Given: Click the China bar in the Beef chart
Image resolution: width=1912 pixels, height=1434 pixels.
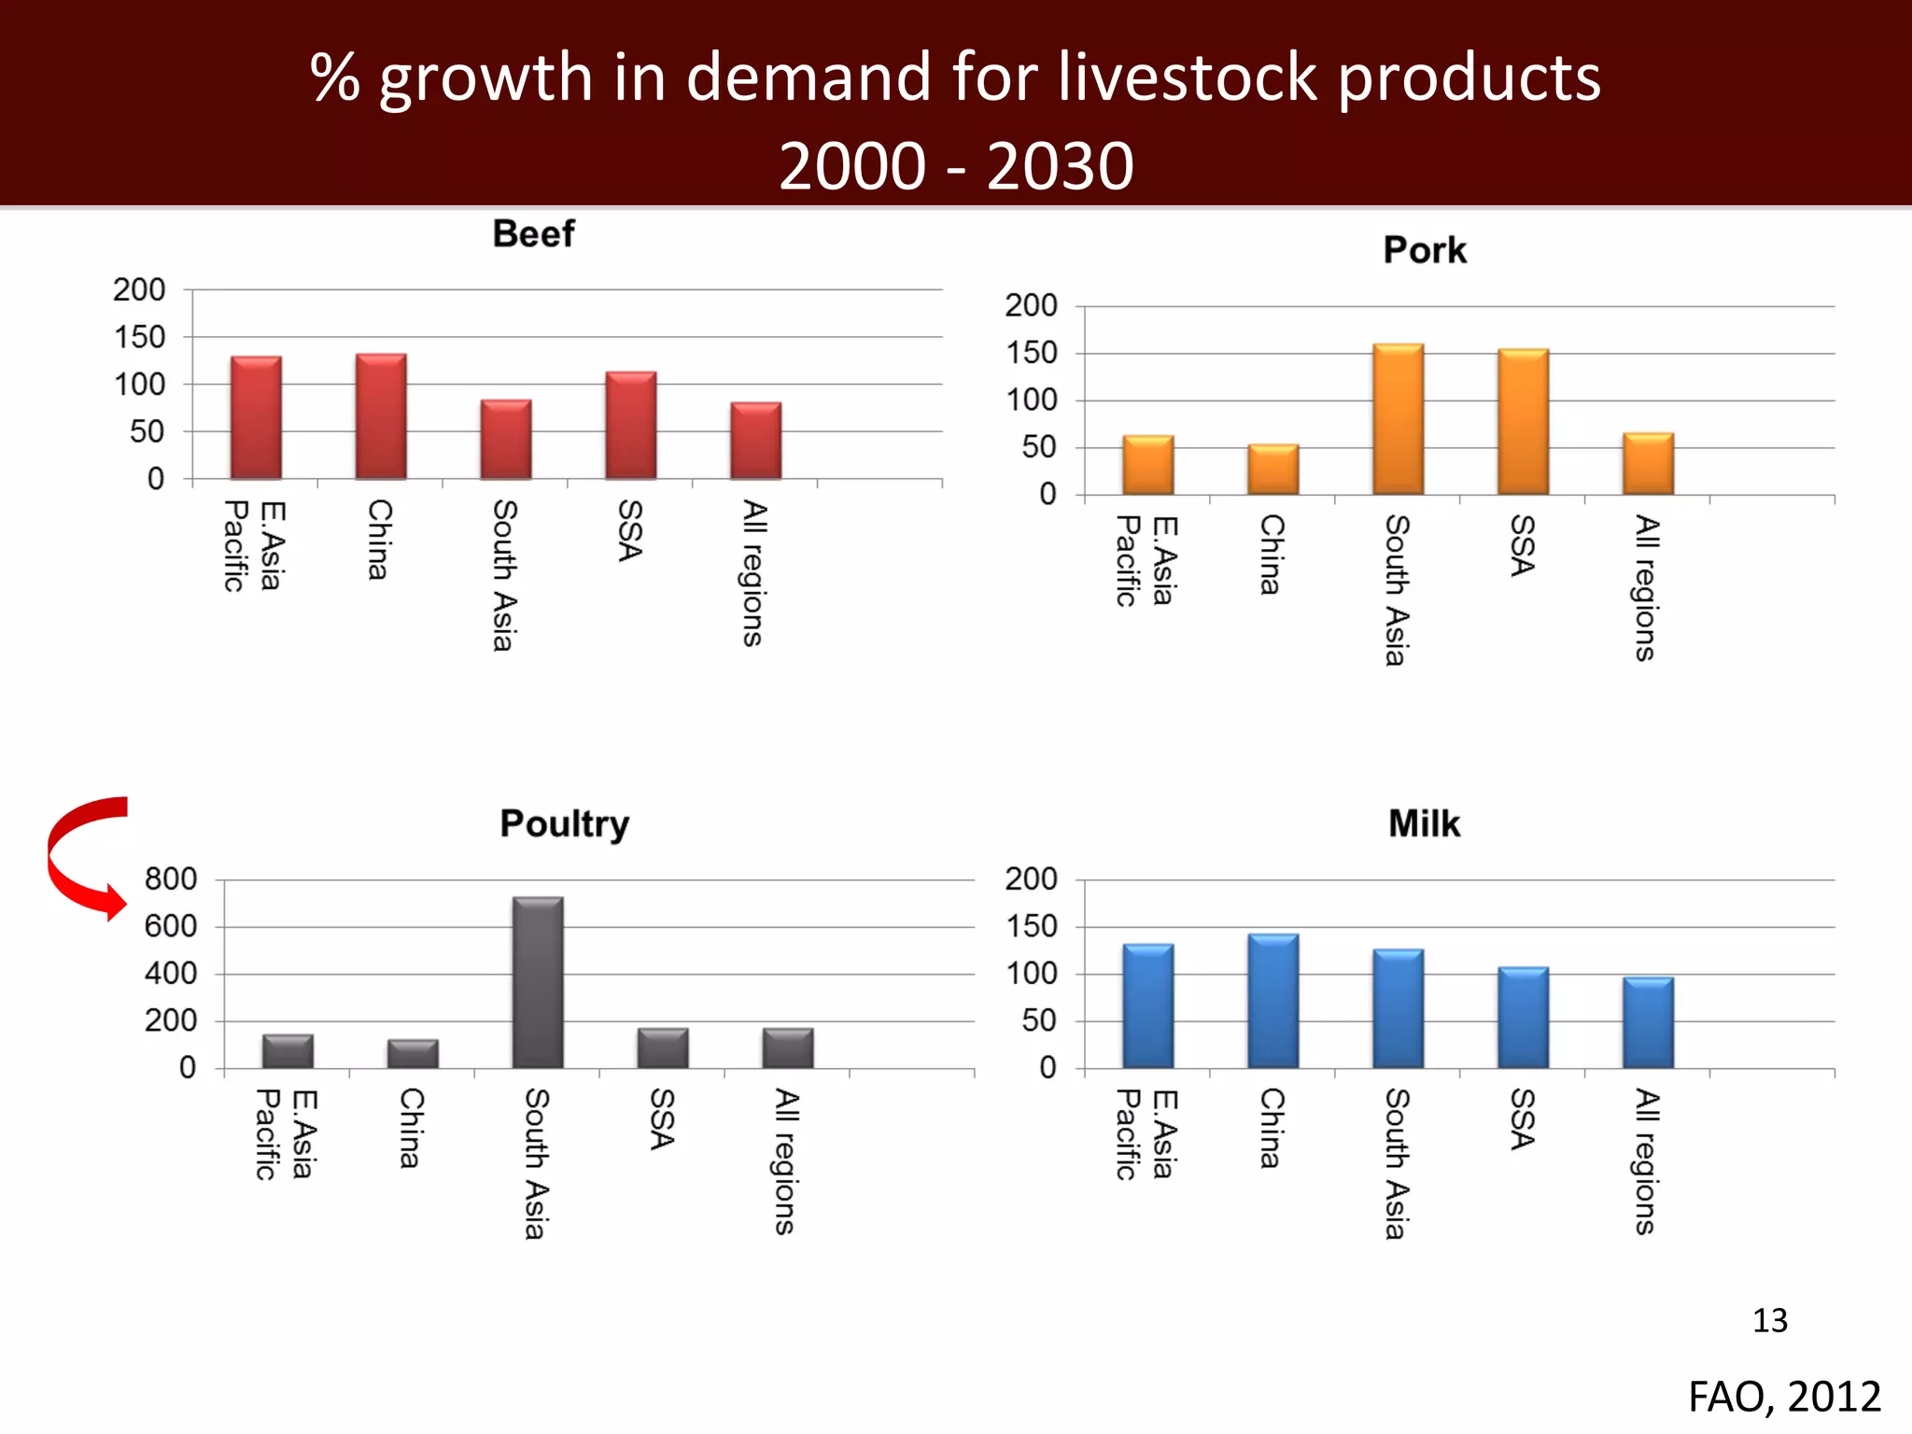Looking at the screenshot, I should (x=381, y=416).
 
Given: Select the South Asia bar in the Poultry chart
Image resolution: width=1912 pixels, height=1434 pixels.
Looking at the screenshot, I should (x=538, y=982).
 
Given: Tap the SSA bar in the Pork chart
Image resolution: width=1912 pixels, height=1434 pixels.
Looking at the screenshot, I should (x=1523, y=422).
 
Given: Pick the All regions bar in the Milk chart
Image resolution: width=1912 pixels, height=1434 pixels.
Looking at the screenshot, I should (x=1648, y=1023).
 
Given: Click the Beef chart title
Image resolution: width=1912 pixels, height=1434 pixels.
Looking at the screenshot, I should (x=533, y=233).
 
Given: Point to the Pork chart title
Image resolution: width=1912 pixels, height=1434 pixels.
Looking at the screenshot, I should (x=1425, y=250).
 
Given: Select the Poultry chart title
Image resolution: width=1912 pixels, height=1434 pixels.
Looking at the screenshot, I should (x=564, y=823).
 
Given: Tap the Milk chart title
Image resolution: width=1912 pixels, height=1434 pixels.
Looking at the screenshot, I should (x=1424, y=823).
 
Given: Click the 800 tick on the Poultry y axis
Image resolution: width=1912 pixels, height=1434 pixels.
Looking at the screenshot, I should (x=171, y=879).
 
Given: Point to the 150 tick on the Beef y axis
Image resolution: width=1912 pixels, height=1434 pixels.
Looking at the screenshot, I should (x=139, y=337).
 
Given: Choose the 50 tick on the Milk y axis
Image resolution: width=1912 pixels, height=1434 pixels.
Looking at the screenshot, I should (x=1038, y=1020).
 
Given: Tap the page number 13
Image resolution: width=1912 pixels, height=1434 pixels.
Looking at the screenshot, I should (x=1769, y=1320).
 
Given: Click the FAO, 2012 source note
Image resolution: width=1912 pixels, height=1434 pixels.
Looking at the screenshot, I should (x=1784, y=1397).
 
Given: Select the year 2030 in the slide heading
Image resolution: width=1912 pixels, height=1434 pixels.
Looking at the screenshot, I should (x=1060, y=166).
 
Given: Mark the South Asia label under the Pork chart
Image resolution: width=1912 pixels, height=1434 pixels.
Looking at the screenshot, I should (x=1396, y=590).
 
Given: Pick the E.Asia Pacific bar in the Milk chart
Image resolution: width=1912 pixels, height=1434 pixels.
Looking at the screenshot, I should (x=1147, y=1006).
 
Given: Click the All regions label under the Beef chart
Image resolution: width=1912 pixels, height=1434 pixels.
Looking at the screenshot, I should (x=753, y=573).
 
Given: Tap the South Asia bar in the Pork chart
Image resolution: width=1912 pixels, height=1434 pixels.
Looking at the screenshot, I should (x=1398, y=419).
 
